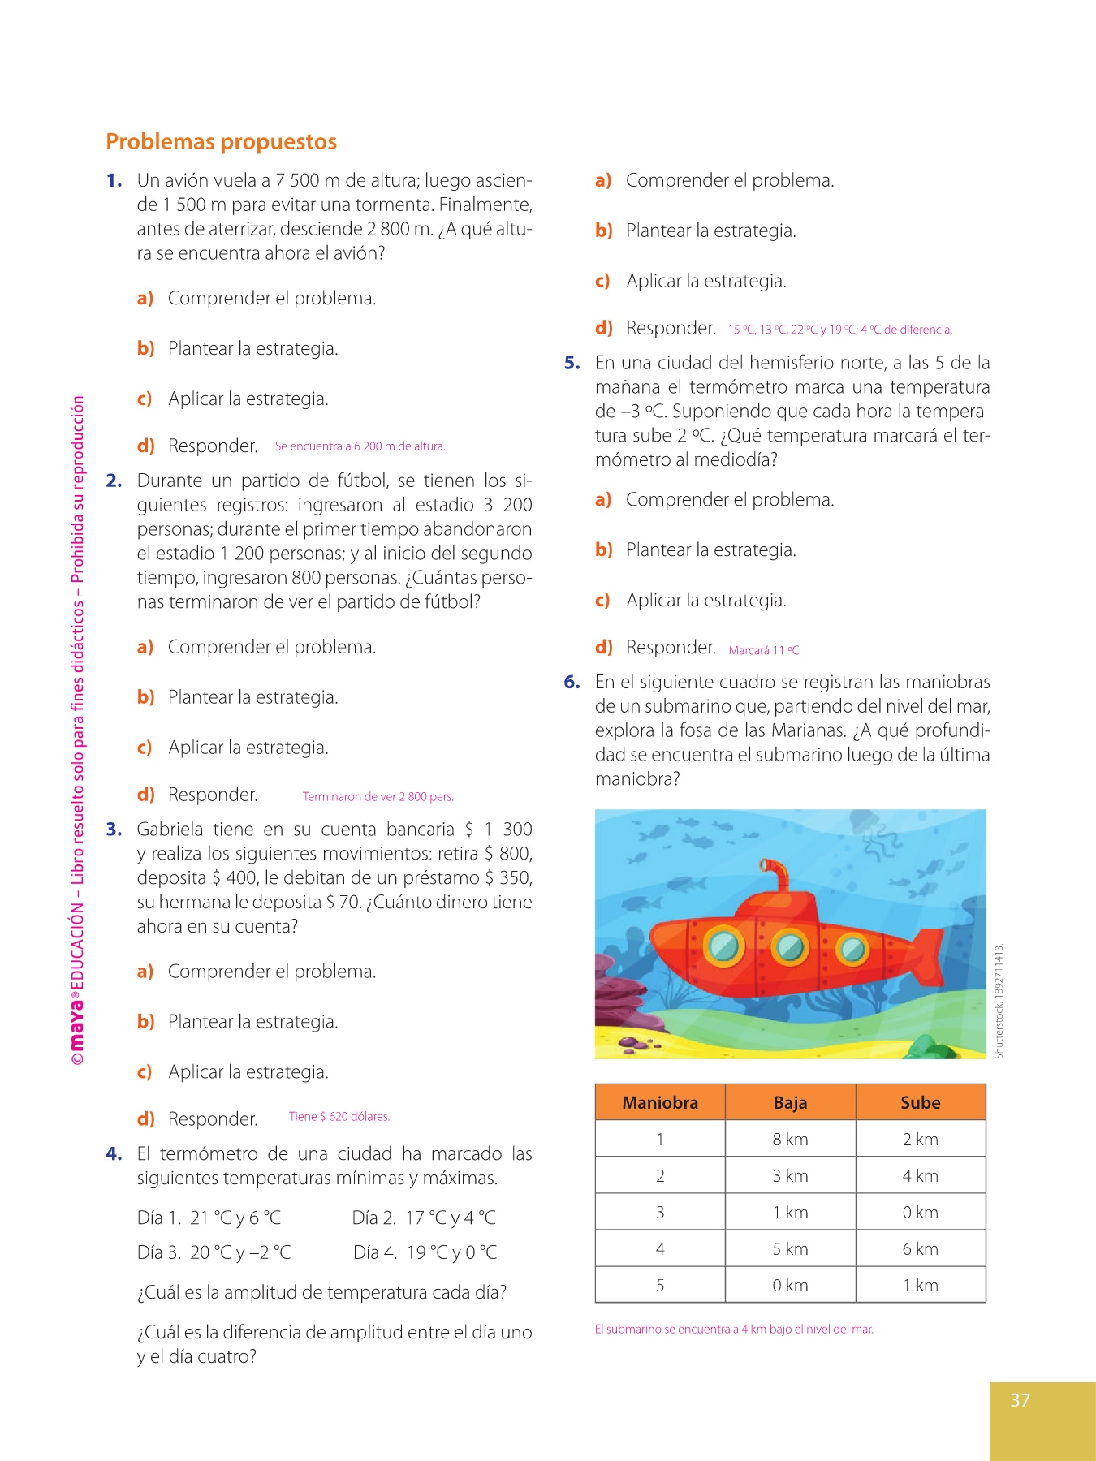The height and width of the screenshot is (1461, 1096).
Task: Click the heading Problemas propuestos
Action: coord(221,142)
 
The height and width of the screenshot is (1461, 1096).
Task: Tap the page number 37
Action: coord(1020,1400)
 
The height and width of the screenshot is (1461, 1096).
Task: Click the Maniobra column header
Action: coord(660,1102)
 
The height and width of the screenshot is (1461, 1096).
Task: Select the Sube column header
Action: coord(920,1102)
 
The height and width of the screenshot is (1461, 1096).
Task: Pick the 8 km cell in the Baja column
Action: coord(790,1140)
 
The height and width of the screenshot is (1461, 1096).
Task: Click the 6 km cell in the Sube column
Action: coord(920,1249)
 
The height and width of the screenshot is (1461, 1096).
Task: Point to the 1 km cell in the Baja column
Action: coord(790,1213)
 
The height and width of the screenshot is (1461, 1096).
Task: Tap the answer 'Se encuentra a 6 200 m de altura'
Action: coord(360,446)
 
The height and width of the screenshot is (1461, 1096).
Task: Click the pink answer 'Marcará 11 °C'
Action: coord(764,650)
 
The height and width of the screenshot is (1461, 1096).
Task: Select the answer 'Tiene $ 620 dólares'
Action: coord(339,1117)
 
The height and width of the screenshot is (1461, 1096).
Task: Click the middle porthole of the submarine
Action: coord(788,946)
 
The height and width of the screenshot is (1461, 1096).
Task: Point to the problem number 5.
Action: coord(572,363)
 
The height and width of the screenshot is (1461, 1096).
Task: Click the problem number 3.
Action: coord(114,830)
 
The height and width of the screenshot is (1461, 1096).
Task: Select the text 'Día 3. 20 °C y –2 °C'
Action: coord(214,1252)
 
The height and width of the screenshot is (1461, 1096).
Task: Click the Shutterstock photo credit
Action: coord(999,1001)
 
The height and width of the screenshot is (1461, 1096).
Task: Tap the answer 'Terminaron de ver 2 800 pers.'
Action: coord(378,797)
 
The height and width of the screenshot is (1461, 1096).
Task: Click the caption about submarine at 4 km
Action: coord(734,1330)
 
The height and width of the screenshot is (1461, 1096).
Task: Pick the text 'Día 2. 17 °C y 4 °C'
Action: coord(424,1217)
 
